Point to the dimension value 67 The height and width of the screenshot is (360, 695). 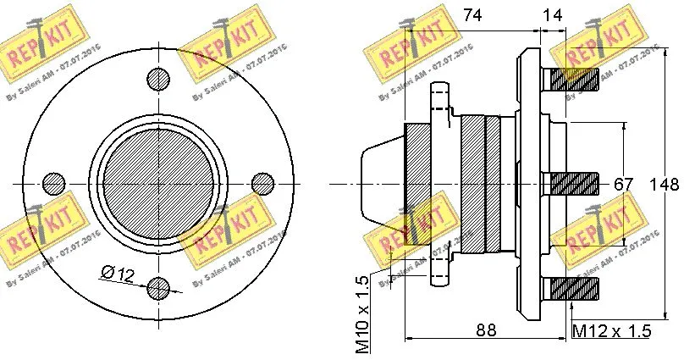(x=624, y=186)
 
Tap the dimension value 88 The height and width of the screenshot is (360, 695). (x=485, y=330)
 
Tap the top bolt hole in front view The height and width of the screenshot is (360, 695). (x=158, y=79)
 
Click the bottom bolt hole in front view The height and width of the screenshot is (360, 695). (x=158, y=288)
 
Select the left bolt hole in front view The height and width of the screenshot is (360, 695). (x=54, y=183)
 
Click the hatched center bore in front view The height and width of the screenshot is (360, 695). (x=158, y=183)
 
